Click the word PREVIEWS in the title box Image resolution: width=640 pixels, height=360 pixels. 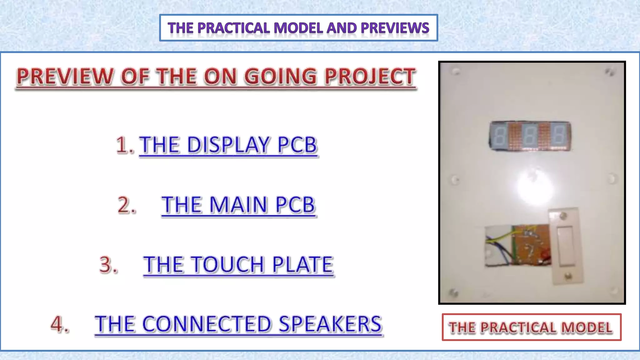(x=395, y=28)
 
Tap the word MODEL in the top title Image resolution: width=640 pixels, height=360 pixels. (x=299, y=28)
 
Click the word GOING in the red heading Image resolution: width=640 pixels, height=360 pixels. (x=280, y=77)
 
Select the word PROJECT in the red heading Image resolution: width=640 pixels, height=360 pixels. (x=370, y=77)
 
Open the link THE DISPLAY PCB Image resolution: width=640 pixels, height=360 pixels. (x=228, y=145)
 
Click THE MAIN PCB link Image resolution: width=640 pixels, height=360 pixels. (x=238, y=205)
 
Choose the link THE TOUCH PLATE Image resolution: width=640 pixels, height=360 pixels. (x=238, y=265)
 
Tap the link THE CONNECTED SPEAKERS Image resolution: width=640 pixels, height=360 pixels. (x=238, y=324)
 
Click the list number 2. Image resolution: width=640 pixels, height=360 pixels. (x=127, y=205)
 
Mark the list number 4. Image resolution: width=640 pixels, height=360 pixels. (x=60, y=324)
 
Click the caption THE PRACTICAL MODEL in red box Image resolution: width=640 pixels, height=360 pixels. (x=531, y=327)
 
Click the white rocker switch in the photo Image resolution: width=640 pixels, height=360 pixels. (x=566, y=246)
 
